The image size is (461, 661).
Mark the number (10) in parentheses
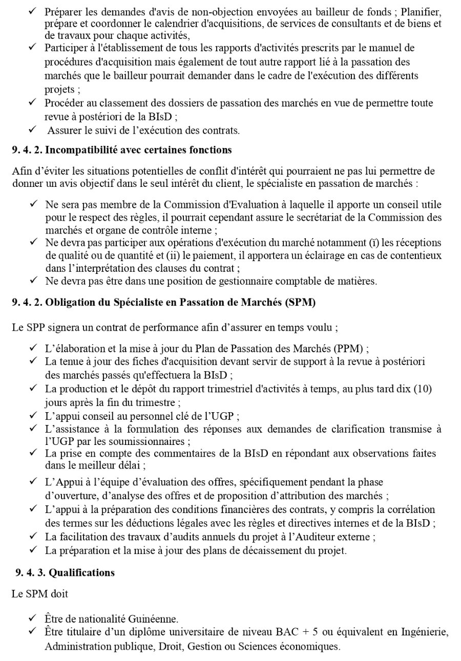pyautogui.click(x=423, y=389)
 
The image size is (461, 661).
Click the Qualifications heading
pyautogui.click(x=81, y=572)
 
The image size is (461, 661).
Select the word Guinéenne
pyautogui.click(x=148, y=619)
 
